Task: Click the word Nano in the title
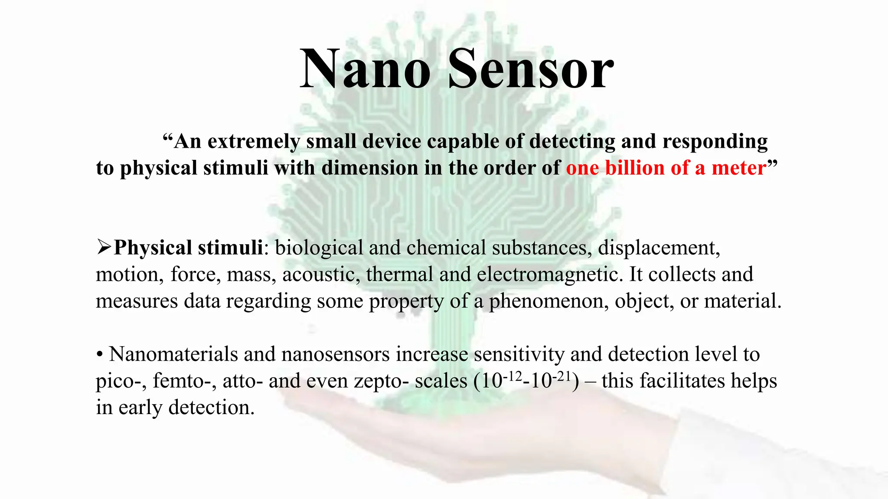point(365,69)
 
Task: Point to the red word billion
point(635,168)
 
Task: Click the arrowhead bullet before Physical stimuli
point(104,247)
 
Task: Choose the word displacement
point(659,248)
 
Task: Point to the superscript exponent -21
point(562,376)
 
